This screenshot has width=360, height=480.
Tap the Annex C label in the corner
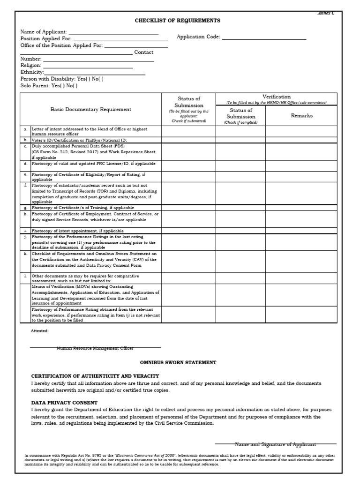pyautogui.click(x=326, y=14)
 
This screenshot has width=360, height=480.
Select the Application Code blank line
pyautogui.click(x=264, y=37)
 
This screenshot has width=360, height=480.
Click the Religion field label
pyautogui.click(x=31, y=66)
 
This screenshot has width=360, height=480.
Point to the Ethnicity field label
pyautogui.click(x=32, y=72)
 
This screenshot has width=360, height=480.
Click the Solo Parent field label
pyautogui.click(x=35, y=86)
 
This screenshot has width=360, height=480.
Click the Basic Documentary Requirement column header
pyautogui.click(x=91, y=109)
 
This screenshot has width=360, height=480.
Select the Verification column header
pyautogui.click(x=276, y=97)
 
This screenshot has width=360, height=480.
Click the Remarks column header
pyautogui.click(x=301, y=115)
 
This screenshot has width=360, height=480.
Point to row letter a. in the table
pyautogui.click(x=25, y=129)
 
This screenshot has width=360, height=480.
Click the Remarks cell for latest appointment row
pyautogui.click(x=301, y=231)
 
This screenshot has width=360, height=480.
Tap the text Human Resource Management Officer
pyautogui.click(x=95, y=348)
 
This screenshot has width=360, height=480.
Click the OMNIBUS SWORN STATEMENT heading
pyautogui.click(x=178, y=362)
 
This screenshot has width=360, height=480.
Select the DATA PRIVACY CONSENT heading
pyautogui.click(x=64, y=403)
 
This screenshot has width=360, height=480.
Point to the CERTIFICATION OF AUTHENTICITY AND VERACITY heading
pyautogui.click(x=95, y=376)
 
